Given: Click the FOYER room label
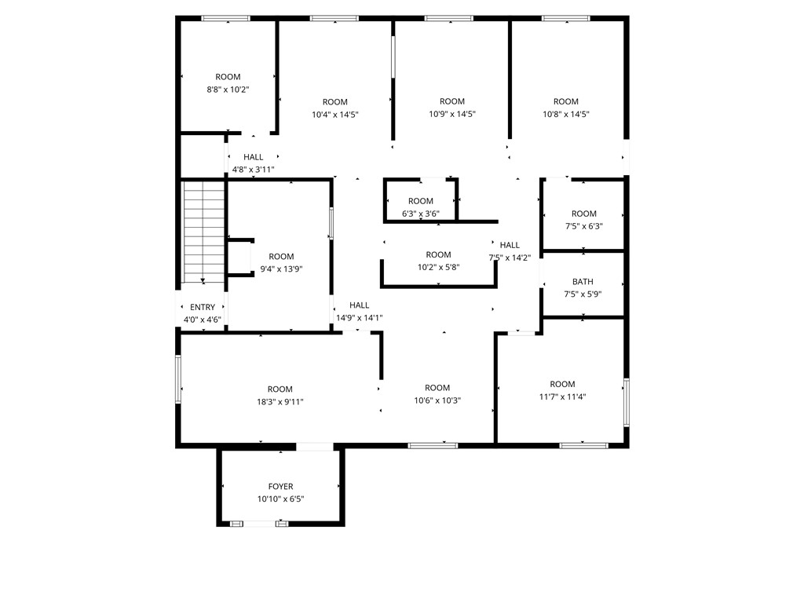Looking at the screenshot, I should click(280, 487).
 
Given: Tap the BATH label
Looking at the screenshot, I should click(583, 282).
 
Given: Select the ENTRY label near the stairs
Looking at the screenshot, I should click(203, 307).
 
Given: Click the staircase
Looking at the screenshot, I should click(204, 232).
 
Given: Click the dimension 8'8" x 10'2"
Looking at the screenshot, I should click(228, 90).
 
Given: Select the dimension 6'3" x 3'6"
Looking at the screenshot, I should click(421, 214).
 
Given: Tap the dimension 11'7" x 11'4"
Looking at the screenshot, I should click(562, 397).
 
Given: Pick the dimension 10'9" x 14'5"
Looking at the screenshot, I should click(452, 114).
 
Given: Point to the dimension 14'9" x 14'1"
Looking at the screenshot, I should click(360, 318).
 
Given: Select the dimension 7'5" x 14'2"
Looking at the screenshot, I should click(510, 258).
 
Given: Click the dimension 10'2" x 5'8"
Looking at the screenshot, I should click(438, 267).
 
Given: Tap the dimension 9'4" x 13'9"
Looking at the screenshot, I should click(281, 269).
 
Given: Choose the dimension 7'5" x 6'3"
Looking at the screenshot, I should click(583, 226).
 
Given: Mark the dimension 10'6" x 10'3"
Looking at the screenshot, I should click(437, 400).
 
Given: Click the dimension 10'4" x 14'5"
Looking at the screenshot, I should click(334, 115).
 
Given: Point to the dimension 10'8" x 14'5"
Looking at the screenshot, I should click(566, 114).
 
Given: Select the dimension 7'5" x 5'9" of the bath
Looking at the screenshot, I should click(583, 294).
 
